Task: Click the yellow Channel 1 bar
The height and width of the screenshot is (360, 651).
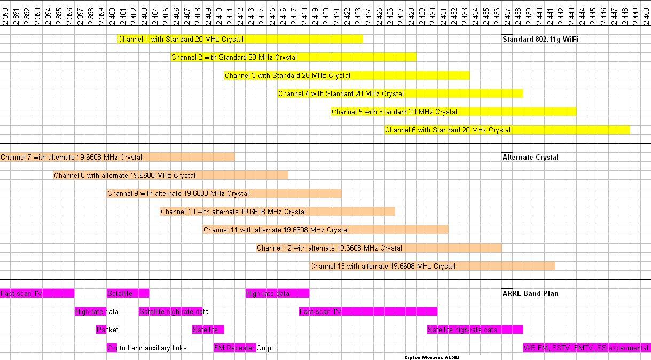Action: point(240,39)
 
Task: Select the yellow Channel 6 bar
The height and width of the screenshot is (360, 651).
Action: point(507,130)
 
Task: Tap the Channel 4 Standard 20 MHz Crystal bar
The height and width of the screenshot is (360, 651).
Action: point(400,93)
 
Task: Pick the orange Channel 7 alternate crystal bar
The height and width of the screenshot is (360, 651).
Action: point(117,157)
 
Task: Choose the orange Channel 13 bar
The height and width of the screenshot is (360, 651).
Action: point(432,266)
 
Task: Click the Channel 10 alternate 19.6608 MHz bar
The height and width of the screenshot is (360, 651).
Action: point(277,212)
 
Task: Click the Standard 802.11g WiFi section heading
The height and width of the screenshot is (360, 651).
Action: point(540,39)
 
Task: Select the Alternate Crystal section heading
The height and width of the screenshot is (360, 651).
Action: point(530,157)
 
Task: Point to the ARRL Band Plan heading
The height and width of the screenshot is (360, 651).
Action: point(530,293)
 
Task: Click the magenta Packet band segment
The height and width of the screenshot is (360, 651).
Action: point(101,330)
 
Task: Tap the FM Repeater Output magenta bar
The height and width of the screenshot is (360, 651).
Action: point(235,348)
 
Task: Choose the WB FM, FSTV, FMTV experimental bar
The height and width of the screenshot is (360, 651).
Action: point(586,348)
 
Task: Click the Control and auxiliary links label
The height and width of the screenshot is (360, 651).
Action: point(147,348)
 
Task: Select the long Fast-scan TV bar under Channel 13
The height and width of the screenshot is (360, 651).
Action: point(368,311)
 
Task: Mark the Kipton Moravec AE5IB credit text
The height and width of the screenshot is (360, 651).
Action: point(432,356)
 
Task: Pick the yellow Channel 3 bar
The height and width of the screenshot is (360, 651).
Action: point(347,75)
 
